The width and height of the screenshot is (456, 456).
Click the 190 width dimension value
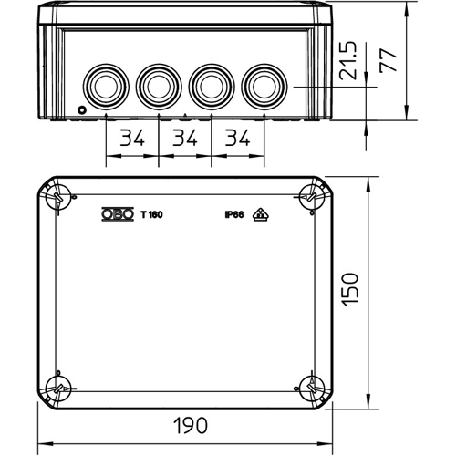(x=191, y=425)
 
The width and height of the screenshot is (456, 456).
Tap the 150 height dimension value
(x=350, y=290)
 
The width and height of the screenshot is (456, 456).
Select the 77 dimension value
(x=389, y=60)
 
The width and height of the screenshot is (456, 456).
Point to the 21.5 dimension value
(x=347, y=61)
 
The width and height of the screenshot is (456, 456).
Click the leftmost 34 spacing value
(x=132, y=138)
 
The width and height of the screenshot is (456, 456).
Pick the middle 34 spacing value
(x=185, y=138)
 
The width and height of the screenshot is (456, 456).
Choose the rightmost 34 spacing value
(x=237, y=138)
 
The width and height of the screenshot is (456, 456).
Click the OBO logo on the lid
(x=118, y=214)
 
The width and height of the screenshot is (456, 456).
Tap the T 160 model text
(x=151, y=214)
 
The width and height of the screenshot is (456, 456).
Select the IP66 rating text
(x=234, y=214)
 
